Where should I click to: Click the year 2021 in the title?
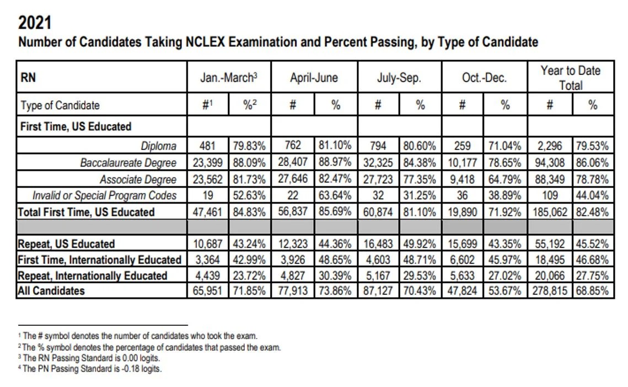(34, 23)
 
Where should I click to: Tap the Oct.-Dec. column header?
(484, 78)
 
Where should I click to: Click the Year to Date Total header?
(570, 77)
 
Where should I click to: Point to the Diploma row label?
(158, 146)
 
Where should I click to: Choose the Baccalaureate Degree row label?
(128, 163)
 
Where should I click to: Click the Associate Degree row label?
(138, 179)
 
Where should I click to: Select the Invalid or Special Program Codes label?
(105, 195)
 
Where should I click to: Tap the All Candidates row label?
(51, 291)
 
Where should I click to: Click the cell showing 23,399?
(208, 163)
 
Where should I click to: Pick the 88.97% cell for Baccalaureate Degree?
(335, 163)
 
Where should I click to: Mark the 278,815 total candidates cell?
(550, 291)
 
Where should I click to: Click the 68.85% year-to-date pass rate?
(593, 291)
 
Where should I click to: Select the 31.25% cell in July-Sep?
(420, 195)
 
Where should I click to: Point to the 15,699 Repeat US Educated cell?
(462, 244)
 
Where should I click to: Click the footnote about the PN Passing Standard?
(92, 369)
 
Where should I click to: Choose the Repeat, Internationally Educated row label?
(92, 276)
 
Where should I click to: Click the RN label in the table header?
(28, 78)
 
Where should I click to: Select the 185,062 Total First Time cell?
(550, 212)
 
